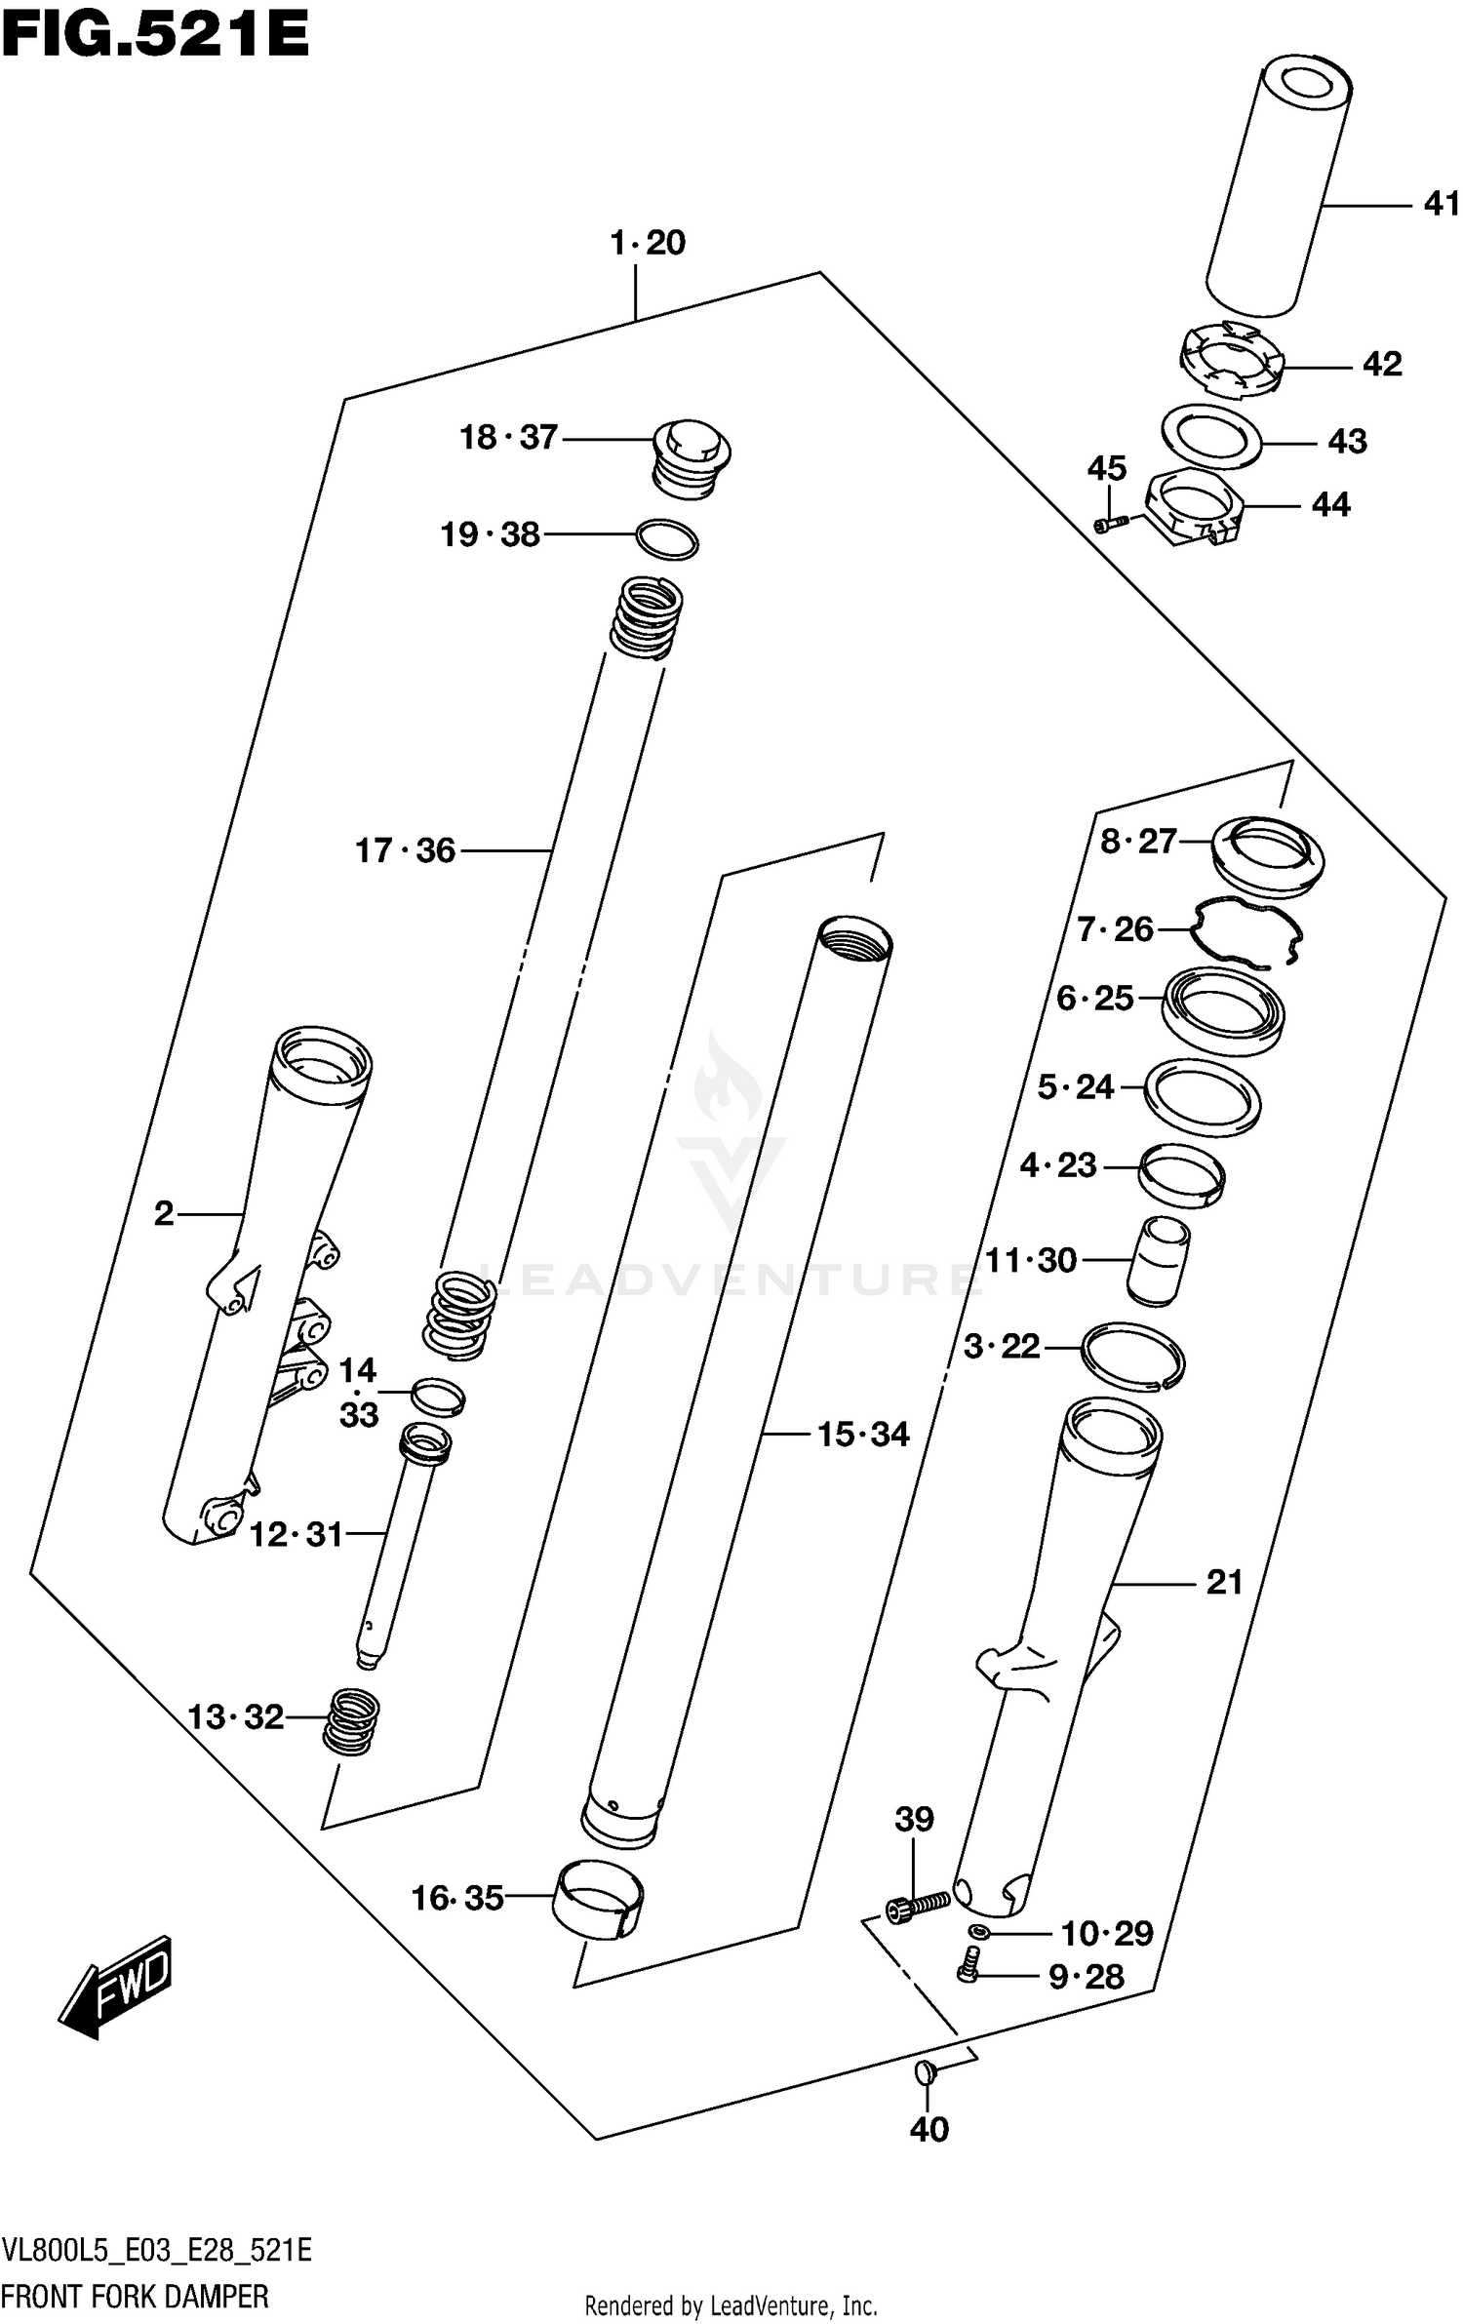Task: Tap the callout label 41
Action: tap(1441, 204)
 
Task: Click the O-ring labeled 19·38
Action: tap(667, 539)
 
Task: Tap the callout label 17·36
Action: tap(405, 850)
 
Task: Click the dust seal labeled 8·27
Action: tap(1267, 854)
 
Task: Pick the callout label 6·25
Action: tap(1095, 998)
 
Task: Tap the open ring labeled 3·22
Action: tap(1133, 1356)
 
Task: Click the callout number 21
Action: tap(1224, 1581)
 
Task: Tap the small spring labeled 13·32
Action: tap(351, 1720)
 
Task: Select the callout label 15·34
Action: tap(862, 1434)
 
